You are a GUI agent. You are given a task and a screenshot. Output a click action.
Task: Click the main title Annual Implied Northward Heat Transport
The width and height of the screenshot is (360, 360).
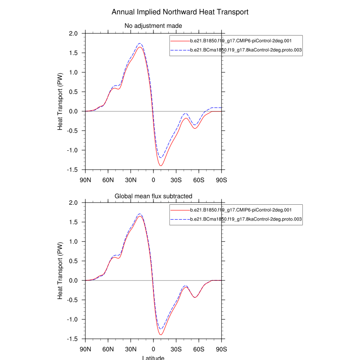[x=180, y=12]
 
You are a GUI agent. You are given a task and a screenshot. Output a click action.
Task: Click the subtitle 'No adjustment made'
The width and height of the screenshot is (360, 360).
[x=153, y=26]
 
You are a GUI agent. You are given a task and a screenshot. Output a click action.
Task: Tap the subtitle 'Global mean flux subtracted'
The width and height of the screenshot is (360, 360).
[x=153, y=196]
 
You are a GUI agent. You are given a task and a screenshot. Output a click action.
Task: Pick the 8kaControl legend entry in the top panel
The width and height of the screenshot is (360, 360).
[x=246, y=51]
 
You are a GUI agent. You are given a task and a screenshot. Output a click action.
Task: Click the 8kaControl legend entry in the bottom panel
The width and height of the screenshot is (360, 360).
[x=246, y=220]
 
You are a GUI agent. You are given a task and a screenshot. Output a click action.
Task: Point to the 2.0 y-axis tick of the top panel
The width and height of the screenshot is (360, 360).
[x=73, y=34]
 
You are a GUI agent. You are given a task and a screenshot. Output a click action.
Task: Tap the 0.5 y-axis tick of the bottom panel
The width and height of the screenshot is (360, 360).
[x=73, y=261]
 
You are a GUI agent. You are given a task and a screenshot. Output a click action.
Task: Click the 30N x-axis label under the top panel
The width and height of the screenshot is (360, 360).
[x=130, y=180]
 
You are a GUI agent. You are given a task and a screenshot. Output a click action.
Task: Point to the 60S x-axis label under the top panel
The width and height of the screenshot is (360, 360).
[x=199, y=180]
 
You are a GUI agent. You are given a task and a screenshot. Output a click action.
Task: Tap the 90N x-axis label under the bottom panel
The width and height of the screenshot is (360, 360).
[x=85, y=349]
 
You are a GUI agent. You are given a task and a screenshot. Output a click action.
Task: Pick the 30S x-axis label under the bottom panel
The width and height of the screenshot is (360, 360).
[x=176, y=349]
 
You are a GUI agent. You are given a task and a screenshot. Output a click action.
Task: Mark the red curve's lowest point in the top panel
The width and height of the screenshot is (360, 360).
[x=161, y=166]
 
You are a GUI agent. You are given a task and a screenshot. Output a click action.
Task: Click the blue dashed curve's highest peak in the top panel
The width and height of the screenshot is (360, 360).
[x=140, y=43]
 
